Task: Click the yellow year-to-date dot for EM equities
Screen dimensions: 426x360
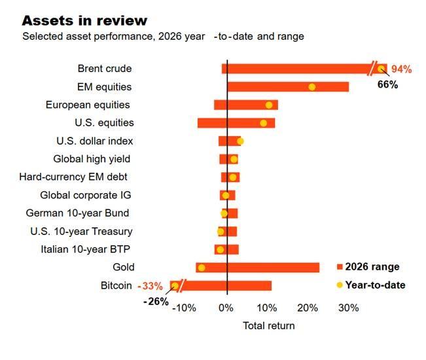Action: click(x=312, y=87)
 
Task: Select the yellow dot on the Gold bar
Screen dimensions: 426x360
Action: click(x=202, y=268)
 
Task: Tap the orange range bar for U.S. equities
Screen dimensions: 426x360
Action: click(x=236, y=123)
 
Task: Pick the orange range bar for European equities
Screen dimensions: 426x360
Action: click(x=246, y=105)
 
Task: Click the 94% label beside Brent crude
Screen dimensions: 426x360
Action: click(x=401, y=69)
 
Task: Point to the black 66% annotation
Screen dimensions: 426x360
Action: click(x=387, y=84)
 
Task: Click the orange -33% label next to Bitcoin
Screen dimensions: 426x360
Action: click(x=151, y=286)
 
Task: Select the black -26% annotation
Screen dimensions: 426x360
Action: click(x=156, y=302)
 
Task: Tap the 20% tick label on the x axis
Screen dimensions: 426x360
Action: click(x=308, y=308)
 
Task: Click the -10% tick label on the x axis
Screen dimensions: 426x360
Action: click(x=184, y=308)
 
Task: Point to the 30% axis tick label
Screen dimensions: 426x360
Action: click(x=349, y=308)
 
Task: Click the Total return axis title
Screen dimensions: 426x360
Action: click(x=269, y=325)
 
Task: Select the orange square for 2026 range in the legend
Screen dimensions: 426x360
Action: click(x=340, y=266)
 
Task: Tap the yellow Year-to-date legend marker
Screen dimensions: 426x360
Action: click(x=340, y=285)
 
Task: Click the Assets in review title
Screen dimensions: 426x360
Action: click(x=84, y=21)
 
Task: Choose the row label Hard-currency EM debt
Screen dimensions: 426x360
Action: click(x=73, y=177)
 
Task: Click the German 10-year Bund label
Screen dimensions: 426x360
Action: click(x=77, y=213)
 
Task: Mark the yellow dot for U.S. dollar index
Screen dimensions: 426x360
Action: click(x=240, y=141)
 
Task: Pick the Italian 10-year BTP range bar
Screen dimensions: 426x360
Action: click(x=226, y=249)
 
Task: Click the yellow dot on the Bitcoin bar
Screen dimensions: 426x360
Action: click(x=175, y=286)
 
